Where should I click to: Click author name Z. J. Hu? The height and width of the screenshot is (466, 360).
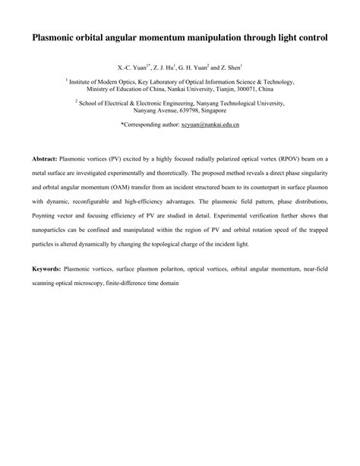pos(173,67)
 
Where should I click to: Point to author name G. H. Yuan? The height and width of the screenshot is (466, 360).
pos(210,67)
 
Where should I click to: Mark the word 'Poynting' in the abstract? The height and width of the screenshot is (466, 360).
pos(45,217)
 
